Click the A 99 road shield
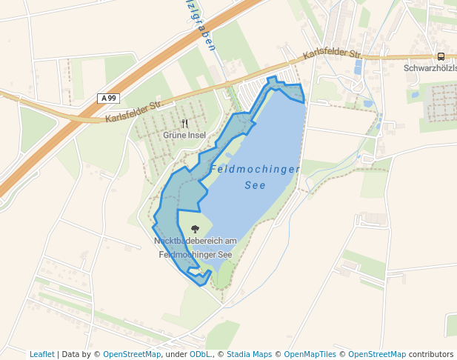108,98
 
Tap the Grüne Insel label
184,136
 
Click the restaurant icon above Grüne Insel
184,124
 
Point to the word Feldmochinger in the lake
255,170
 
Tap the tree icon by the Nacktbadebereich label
196,229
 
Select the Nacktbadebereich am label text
195,241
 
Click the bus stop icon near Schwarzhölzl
441,56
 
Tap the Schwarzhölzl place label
430,68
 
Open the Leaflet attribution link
41,354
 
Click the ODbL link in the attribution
200,354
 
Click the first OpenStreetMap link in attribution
132,354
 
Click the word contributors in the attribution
431,354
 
